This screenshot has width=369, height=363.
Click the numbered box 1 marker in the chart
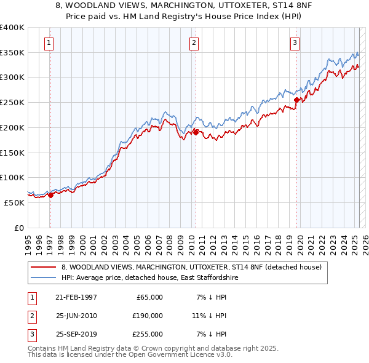click(x=49, y=42)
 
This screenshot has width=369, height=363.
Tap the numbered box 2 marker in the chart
click(x=194, y=42)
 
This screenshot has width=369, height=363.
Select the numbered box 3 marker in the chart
click(x=295, y=42)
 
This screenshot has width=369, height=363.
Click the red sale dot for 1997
click(x=51, y=195)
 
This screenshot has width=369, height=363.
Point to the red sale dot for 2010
click(x=196, y=132)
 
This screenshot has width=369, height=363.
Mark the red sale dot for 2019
click(x=296, y=100)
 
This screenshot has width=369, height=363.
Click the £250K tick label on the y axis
click(x=12, y=103)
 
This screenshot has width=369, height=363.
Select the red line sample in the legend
click(x=44, y=268)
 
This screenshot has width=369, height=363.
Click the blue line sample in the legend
click(x=44, y=278)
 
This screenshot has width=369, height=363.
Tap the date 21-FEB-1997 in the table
click(x=76, y=297)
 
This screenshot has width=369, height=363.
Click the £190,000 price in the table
click(x=147, y=316)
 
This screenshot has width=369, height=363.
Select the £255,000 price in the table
click(x=147, y=334)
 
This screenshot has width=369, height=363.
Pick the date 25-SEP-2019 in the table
click(x=76, y=334)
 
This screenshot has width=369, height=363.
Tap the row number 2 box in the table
click(x=30, y=316)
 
